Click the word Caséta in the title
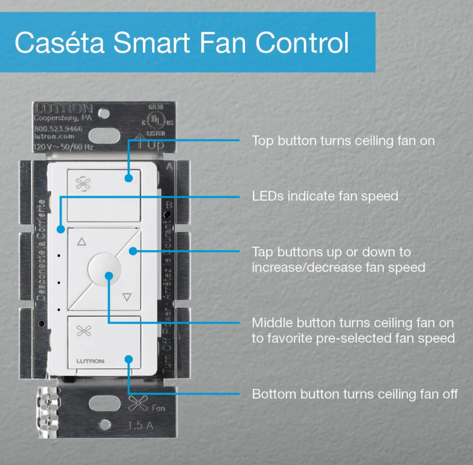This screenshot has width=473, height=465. pos(60,43)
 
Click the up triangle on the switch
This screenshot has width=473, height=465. pos(82,241)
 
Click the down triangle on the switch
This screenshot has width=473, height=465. pos(127,297)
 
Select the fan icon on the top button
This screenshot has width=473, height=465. pos(83,184)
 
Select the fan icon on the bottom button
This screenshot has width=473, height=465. pos(84,331)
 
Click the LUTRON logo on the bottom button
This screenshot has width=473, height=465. pos(90,361)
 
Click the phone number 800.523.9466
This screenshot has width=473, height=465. pos(58,128)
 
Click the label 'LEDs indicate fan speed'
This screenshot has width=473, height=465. pos(325,196)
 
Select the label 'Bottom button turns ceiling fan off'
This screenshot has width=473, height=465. pos(355,394)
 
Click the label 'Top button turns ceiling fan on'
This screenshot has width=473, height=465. pos(343,141)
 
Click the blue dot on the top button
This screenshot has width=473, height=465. pos(129,178)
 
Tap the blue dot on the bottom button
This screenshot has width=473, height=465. pos(129,359)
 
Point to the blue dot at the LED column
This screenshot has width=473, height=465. pos(61,229)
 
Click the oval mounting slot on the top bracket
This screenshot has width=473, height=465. pos(104,136)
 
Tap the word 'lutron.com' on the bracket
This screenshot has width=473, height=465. pos(54,137)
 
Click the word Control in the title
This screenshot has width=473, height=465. pos(302,43)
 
